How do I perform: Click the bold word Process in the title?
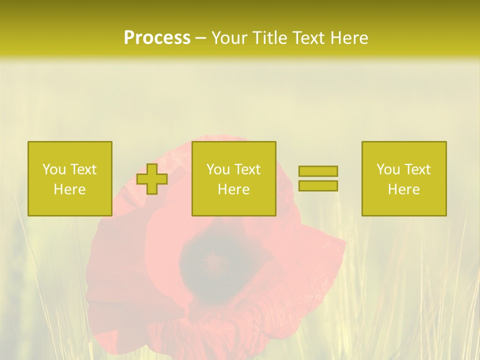click(x=157, y=38)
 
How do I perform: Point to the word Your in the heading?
click(x=229, y=38)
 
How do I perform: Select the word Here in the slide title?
click(x=349, y=38)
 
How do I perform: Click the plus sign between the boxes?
click(x=152, y=179)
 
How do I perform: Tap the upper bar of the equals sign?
click(x=318, y=171)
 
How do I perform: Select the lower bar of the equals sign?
click(x=318, y=185)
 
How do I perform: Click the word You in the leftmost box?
click(x=54, y=169)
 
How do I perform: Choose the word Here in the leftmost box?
click(x=69, y=189)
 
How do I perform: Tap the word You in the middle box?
click(x=218, y=169)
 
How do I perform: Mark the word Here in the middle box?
click(x=233, y=189)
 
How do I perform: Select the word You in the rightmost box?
click(x=388, y=169)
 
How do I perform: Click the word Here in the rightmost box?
click(x=403, y=189)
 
